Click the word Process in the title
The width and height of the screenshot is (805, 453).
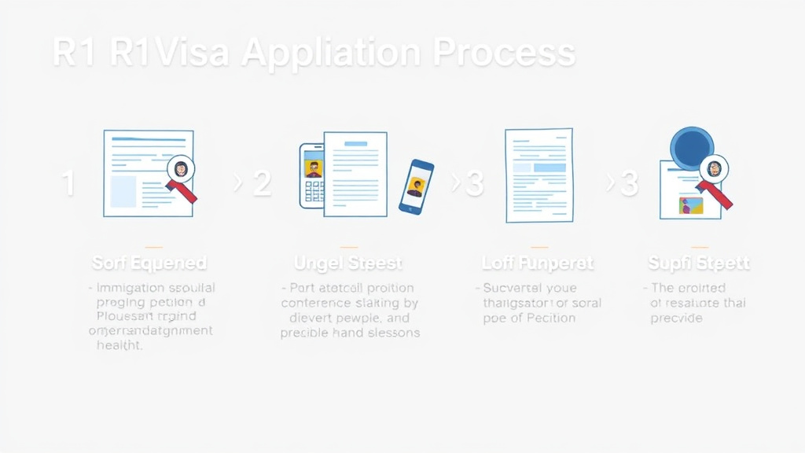click(505, 53)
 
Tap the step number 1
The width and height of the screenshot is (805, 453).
click(68, 184)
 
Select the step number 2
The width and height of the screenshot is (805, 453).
click(262, 184)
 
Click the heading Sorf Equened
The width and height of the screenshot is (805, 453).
click(149, 263)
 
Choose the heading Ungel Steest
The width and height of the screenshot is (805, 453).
click(348, 263)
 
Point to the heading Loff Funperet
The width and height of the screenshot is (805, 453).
click(538, 263)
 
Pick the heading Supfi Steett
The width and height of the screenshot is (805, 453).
click(699, 263)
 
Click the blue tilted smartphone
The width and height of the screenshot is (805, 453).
click(416, 186)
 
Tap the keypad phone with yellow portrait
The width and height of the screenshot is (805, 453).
click(312, 175)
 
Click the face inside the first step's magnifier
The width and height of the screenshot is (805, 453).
click(182, 168)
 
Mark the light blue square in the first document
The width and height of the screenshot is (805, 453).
click(123, 191)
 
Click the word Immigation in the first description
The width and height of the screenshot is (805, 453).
click(130, 288)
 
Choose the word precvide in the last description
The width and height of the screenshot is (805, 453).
click(676, 318)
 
